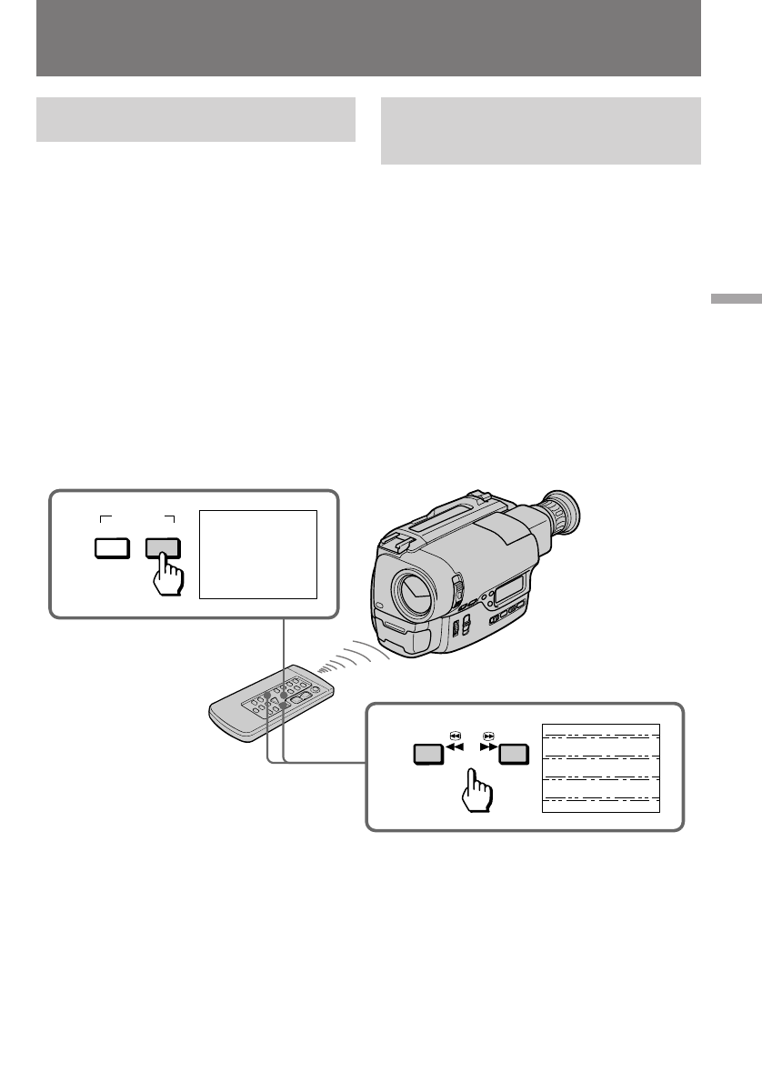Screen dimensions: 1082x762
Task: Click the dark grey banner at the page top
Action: pos(368,38)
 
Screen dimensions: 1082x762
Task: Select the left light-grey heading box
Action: pos(196,120)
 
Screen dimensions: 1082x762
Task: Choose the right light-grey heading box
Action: pos(540,131)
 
